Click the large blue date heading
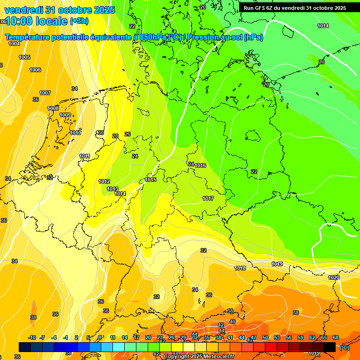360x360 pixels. point(59,10)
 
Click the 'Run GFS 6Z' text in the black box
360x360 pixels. point(262,7)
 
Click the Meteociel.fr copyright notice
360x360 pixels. point(199,357)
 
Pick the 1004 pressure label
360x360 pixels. point(14,44)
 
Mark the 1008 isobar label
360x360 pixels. point(53,108)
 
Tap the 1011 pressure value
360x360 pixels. point(84,156)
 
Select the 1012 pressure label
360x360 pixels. point(104,181)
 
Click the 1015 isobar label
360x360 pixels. point(150,180)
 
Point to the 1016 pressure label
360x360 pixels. point(201,165)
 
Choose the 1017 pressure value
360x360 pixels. point(209,198)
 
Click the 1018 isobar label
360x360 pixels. point(240,268)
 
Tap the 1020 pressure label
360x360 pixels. point(334,277)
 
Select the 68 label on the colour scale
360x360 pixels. point(336,337)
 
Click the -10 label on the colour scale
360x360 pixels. point(32,337)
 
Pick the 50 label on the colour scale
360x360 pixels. point(265,337)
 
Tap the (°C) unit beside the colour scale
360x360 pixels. point(344,348)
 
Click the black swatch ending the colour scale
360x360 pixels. point(330,347)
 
